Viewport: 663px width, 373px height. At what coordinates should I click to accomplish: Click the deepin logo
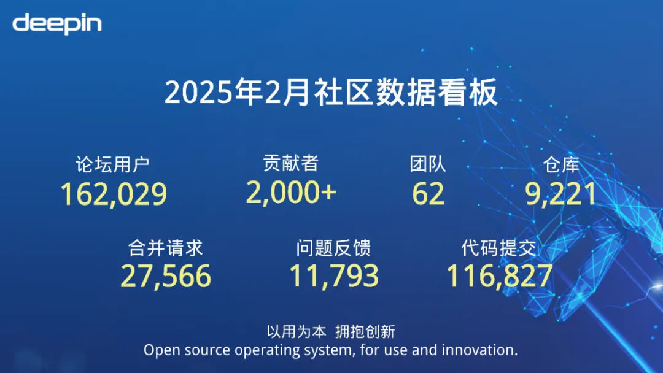(57, 24)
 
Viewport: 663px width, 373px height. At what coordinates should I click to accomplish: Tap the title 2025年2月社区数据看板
(331, 94)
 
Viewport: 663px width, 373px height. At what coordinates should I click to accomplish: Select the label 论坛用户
(112, 164)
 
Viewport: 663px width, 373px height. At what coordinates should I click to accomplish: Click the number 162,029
(114, 194)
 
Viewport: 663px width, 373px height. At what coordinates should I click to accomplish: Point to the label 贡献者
(290, 163)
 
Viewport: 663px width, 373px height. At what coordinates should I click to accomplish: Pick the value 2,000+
(291, 193)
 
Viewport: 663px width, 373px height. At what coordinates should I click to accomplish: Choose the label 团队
(428, 164)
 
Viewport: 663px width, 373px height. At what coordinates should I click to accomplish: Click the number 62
(428, 194)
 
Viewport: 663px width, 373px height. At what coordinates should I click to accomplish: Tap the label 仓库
(561, 164)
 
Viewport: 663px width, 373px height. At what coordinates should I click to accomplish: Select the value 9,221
(560, 194)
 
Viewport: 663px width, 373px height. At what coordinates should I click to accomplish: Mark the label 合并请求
(165, 248)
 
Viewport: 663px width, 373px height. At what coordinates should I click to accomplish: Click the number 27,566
(165, 277)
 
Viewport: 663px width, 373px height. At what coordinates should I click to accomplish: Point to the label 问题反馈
(333, 248)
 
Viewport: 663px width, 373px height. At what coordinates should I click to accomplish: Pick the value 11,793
(334, 277)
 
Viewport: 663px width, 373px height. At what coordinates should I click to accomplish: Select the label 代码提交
(499, 248)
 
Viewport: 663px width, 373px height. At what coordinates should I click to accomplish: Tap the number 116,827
(499, 277)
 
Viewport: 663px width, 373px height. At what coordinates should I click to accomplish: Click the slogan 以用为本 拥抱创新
(331, 332)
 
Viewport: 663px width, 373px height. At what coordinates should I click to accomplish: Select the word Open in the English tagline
(158, 350)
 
